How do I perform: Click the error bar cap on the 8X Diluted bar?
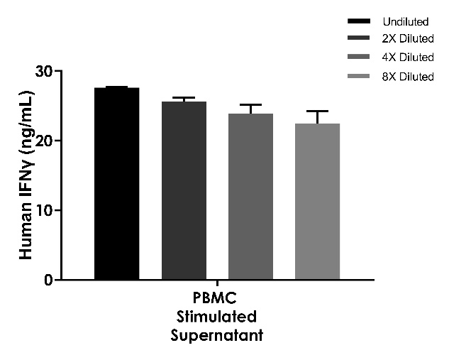317,111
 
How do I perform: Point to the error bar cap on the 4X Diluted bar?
250,104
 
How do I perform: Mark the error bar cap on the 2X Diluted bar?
184,97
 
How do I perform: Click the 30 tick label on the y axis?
46,72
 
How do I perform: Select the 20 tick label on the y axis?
46,141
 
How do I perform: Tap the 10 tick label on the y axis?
46,210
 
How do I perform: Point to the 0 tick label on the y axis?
50,280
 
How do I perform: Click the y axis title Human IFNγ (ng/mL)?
26,175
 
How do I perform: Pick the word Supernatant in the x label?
216,334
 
